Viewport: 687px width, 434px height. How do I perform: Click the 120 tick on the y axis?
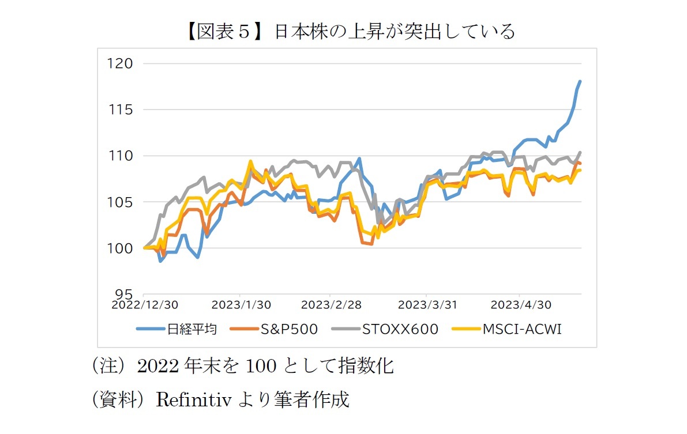pos(121,63)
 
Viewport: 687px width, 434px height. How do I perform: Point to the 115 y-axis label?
pos(121,110)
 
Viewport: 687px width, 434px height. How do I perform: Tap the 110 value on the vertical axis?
pos(121,156)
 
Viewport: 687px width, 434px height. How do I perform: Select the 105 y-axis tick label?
pos(121,202)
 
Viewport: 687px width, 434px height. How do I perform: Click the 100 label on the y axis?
pos(121,248)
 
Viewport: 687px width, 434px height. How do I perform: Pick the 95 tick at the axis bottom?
pos(125,294)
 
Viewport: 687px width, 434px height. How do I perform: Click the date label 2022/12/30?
pos(144,304)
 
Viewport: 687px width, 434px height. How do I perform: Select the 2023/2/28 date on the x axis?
pos(331,304)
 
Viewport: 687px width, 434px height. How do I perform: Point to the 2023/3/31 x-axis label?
pos(426,304)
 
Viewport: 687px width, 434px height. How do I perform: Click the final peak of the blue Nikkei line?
pos(580,81)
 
